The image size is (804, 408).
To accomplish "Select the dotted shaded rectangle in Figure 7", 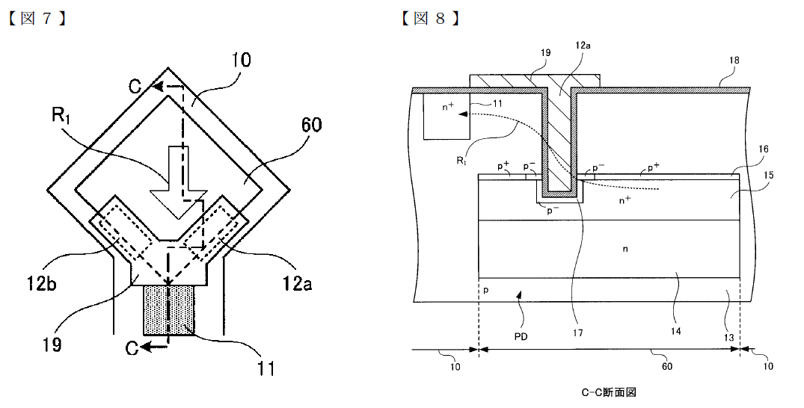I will click(x=169, y=309).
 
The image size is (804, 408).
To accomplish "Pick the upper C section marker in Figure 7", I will click(x=135, y=87).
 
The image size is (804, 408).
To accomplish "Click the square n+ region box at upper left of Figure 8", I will click(x=447, y=116).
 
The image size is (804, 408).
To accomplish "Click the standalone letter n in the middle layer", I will click(x=625, y=249).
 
